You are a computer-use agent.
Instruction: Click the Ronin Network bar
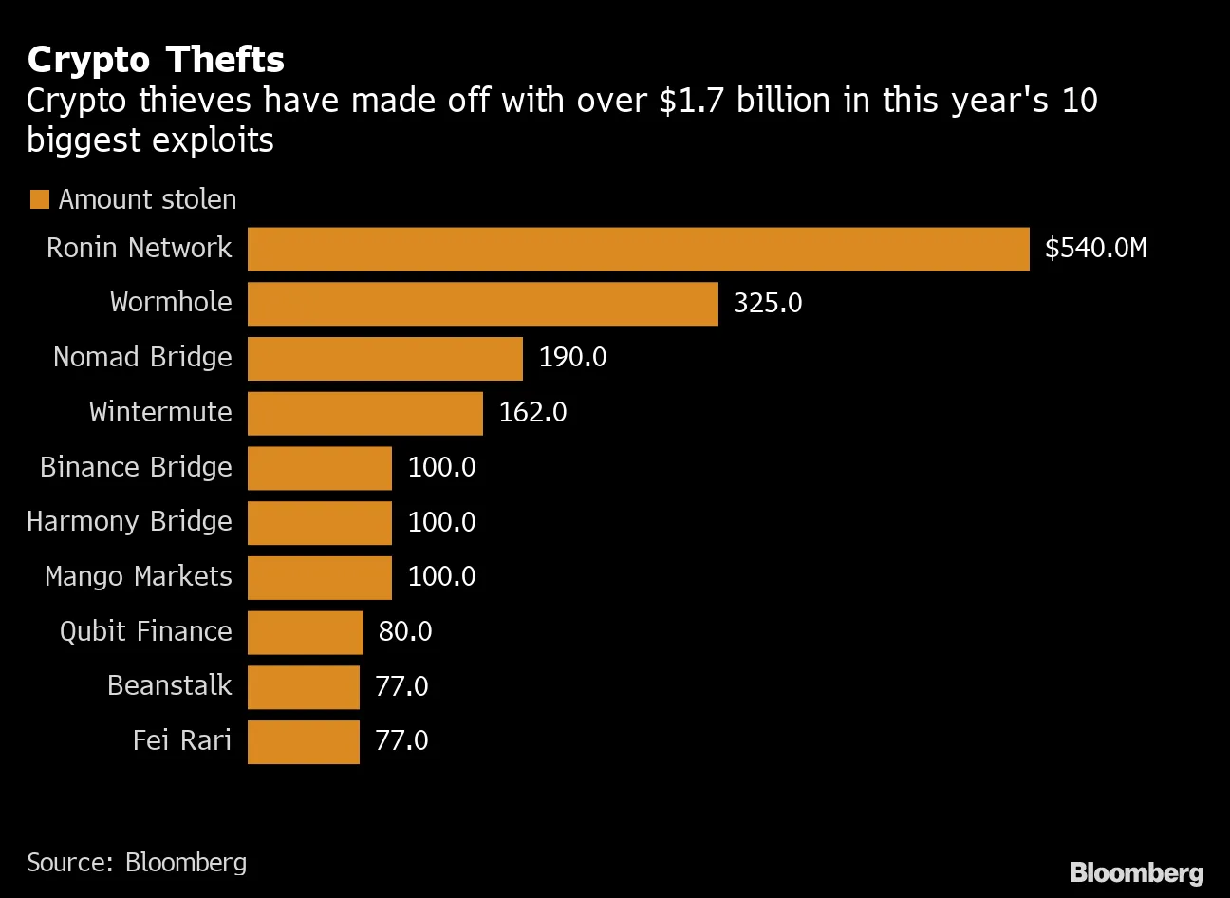click(x=638, y=249)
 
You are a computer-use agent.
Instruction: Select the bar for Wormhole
click(x=482, y=304)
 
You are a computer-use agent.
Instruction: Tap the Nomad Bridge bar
click(x=384, y=358)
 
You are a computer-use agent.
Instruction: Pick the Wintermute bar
click(x=364, y=413)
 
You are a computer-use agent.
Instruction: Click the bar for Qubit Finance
click(x=305, y=632)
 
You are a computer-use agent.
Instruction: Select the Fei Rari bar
click(x=303, y=741)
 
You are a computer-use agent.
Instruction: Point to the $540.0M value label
click(x=1095, y=249)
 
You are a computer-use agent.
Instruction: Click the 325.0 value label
click(x=767, y=304)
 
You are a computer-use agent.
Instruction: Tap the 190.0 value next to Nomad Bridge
click(x=572, y=358)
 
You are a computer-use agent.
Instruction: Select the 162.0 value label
click(x=532, y=413)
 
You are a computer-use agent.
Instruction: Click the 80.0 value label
click(x=405, y=632)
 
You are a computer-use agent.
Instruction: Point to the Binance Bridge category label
click(x=136, y=467)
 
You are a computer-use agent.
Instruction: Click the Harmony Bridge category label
click(x=129, y=522)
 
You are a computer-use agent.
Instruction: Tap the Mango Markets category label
click(x=139, y=577)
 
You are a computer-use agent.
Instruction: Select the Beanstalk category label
click(x=169, y=686)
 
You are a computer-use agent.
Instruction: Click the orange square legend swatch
click(x=39, y=199)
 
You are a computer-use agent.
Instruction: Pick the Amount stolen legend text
click(x=147, y=199)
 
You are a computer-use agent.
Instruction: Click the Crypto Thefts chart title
click(x=156, y=60)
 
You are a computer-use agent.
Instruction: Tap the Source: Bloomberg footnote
click(x=137, y=862)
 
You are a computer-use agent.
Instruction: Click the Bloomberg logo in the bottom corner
click(x=1136, y=872)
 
